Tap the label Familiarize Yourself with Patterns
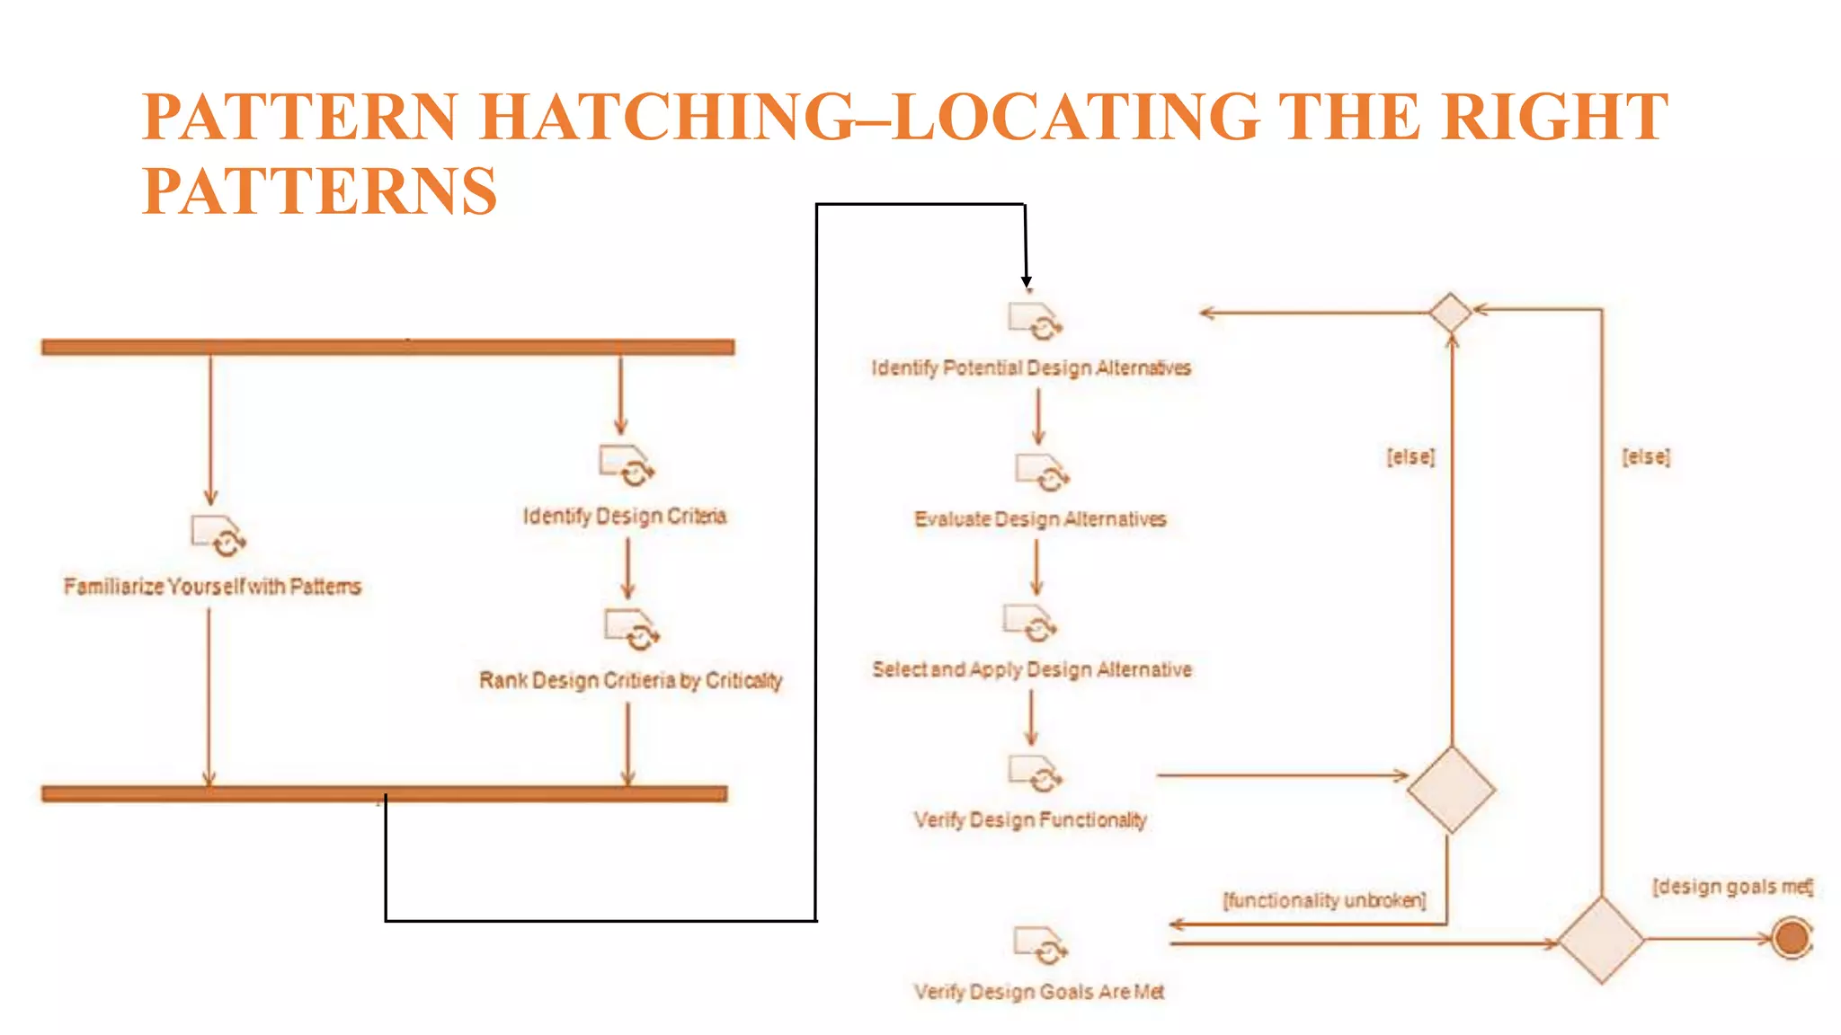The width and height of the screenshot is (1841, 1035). [212, 587]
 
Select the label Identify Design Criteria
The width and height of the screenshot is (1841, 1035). [625, 516]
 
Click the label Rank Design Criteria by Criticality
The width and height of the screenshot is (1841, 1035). [630, 680]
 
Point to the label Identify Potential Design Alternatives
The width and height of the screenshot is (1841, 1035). [1031, 367]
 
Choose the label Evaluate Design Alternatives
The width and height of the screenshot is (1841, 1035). [1040, 519]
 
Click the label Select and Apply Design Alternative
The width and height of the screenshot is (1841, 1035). [1032, 669]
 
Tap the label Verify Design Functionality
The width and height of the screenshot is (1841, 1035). [1030, 819]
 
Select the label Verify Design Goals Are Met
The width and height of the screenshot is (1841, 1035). [1039, 991]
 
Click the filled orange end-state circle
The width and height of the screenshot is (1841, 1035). [1792, 939]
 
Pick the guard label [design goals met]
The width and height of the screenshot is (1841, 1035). [1732, 887]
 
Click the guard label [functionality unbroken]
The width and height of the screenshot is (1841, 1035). [1324, 900]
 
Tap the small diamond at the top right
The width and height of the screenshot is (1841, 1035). [1451, 313]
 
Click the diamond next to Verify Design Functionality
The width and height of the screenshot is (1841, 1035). [1451, 790]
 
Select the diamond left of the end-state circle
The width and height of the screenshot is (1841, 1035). [1601, 940]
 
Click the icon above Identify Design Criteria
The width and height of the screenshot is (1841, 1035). [627, 465]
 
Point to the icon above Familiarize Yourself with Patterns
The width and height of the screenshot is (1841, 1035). [218, 535]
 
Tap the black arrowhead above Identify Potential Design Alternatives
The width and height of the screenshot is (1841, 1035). [1027, 282]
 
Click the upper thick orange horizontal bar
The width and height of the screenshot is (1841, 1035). [387, 347]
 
